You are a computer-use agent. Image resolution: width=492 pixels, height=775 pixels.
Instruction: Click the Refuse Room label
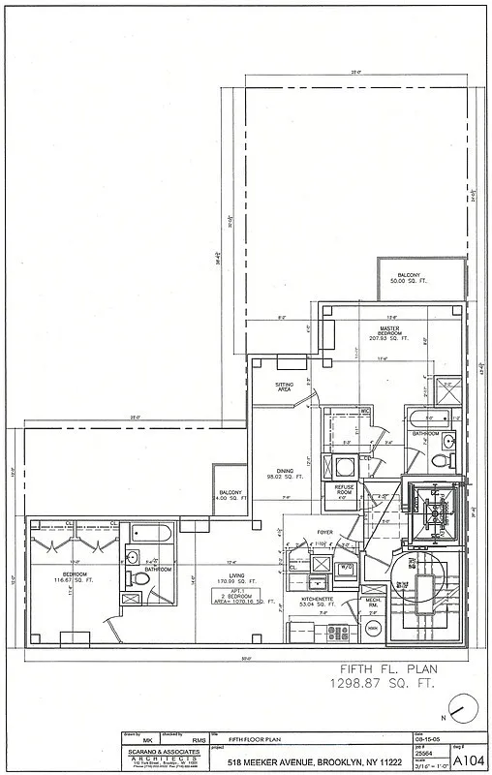point(343,489)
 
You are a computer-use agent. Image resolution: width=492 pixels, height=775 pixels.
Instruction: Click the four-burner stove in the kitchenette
point(337,632)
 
